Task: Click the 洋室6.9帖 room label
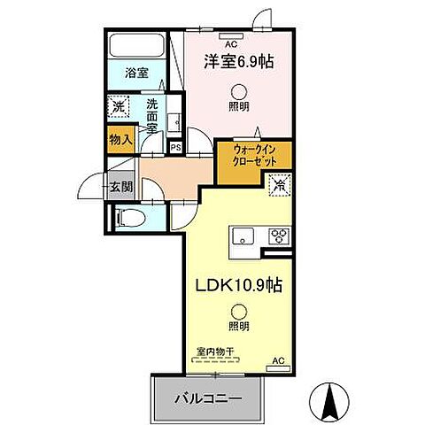(x=238, y=64)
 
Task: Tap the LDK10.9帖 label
(x=239, y=287)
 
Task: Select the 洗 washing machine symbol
(x=119, y=108)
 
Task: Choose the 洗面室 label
(x=152, y=113)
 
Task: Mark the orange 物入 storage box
(x=120, y=138)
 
